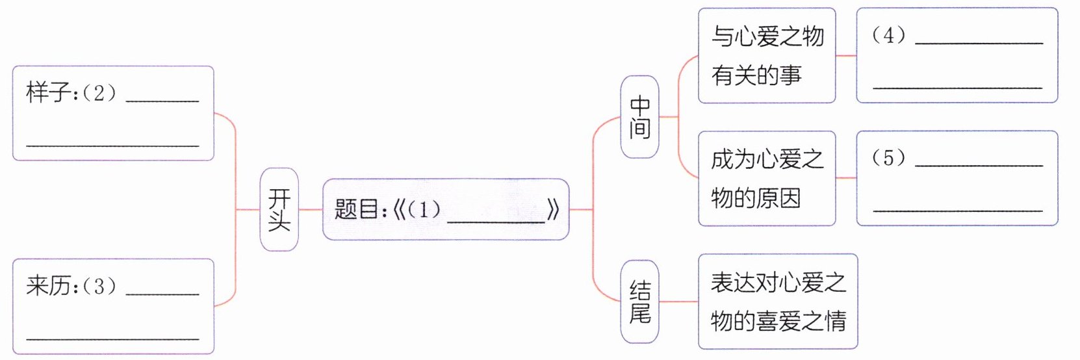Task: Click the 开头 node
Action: coord(279,209)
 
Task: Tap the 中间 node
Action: coord(639,117)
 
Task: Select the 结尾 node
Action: coord(639,302)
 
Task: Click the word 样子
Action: coord(49,93)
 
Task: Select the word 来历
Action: coord(49,286)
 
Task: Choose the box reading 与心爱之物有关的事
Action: coord(767,56)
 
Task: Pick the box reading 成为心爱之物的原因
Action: coord(767,178)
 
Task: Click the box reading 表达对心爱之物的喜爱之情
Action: coord(778,302)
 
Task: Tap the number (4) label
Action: coord(888,35)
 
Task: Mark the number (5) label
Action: coord(888,158)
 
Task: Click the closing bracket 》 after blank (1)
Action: coord(553,210)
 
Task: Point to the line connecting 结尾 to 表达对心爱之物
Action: coord(678,302)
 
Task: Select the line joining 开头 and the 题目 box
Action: coord(311,209)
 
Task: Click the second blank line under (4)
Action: coord(957,87)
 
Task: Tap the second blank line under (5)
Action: coord(957,210)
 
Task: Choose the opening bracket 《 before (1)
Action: coord(398,210)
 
